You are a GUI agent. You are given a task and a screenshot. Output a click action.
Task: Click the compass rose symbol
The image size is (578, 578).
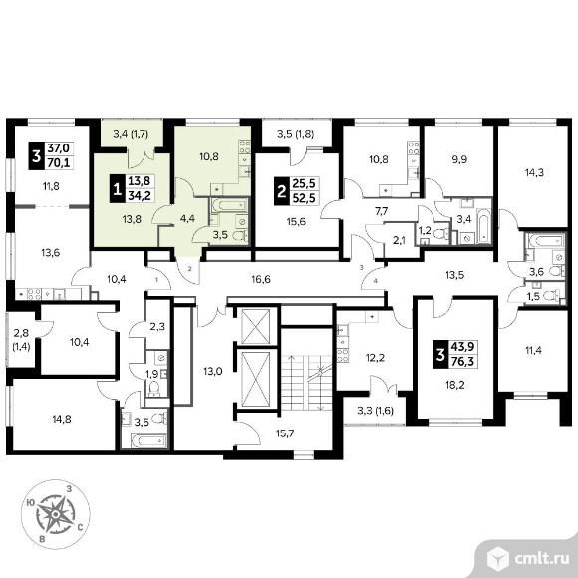[x=55, y=514]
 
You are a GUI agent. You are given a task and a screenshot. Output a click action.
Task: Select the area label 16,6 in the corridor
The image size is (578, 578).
[x=261, y=279]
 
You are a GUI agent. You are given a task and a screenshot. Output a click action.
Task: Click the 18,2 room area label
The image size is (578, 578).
[x=454, y=385]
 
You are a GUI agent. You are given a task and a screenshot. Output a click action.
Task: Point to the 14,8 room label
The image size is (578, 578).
[x=62, y=419]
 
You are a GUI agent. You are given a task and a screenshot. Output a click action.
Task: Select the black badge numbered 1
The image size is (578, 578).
[x=118, y=189]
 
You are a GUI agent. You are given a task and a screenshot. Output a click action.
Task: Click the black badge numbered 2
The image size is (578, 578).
[x=282, y=191]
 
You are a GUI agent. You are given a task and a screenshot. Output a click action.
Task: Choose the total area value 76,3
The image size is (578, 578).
[x=462, y=362]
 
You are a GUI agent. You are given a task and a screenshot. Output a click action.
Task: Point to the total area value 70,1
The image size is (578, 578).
[x=59, y=162]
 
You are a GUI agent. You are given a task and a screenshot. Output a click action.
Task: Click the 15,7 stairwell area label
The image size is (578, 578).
[x=285, y=433]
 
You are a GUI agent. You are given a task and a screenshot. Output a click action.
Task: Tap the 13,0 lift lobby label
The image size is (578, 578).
[x=213, y=371]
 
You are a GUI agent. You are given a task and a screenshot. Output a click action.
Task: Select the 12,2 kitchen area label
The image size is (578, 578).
[x=376, y=357]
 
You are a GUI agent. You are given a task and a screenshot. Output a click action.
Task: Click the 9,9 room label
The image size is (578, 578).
[x=459, y=160]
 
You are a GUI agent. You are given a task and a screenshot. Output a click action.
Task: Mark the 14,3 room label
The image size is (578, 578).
[x=534, y=172]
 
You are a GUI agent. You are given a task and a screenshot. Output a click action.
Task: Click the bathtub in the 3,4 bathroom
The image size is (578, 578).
[x=483, y=225]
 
